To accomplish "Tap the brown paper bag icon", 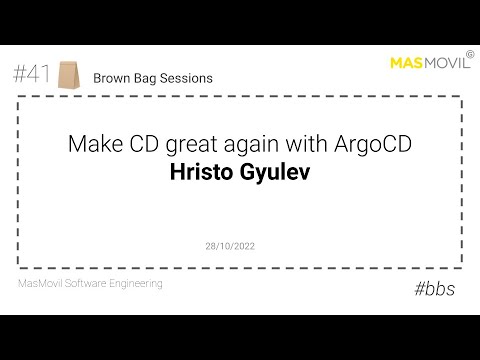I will (x=68, y=74).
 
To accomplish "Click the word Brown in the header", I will (x=112, y=77).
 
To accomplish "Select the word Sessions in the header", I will (x=186, y=77).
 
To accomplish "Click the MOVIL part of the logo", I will (x=447, y=65).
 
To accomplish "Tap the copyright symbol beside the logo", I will (x=472, y=56).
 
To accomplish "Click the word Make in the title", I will (x=91, y=144).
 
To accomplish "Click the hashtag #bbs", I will (x=435, y=288).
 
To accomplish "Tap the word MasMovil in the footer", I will (x=42, y=284).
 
